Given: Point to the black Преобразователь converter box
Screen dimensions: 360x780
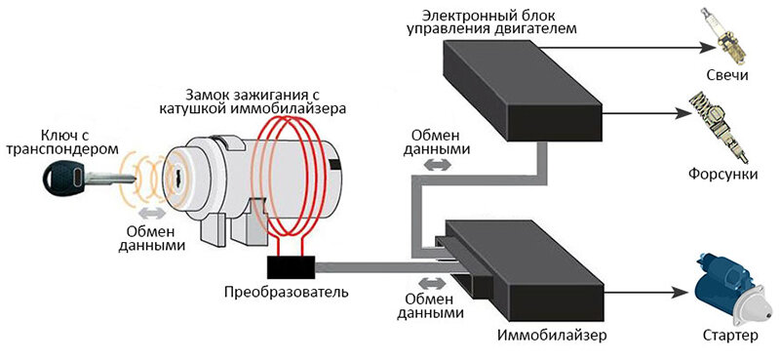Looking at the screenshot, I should pyautogui.click(x=289, y=265).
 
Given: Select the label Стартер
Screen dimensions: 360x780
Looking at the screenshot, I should pyautogui.click(x=728, y=336).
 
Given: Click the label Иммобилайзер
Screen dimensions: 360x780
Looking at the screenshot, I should pyautogui.click(x=552, y=336).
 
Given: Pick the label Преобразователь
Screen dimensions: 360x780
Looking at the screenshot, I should pyautogui.click(x=285, y=292).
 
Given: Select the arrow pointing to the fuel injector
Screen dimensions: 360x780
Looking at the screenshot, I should pyautogui.click(x=648, y=112).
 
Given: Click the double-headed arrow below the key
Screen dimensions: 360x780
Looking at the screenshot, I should pyautogui.click(x=150, y=212).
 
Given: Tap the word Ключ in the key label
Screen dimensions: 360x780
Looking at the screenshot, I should pyautogui.click(x=61, y=134).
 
